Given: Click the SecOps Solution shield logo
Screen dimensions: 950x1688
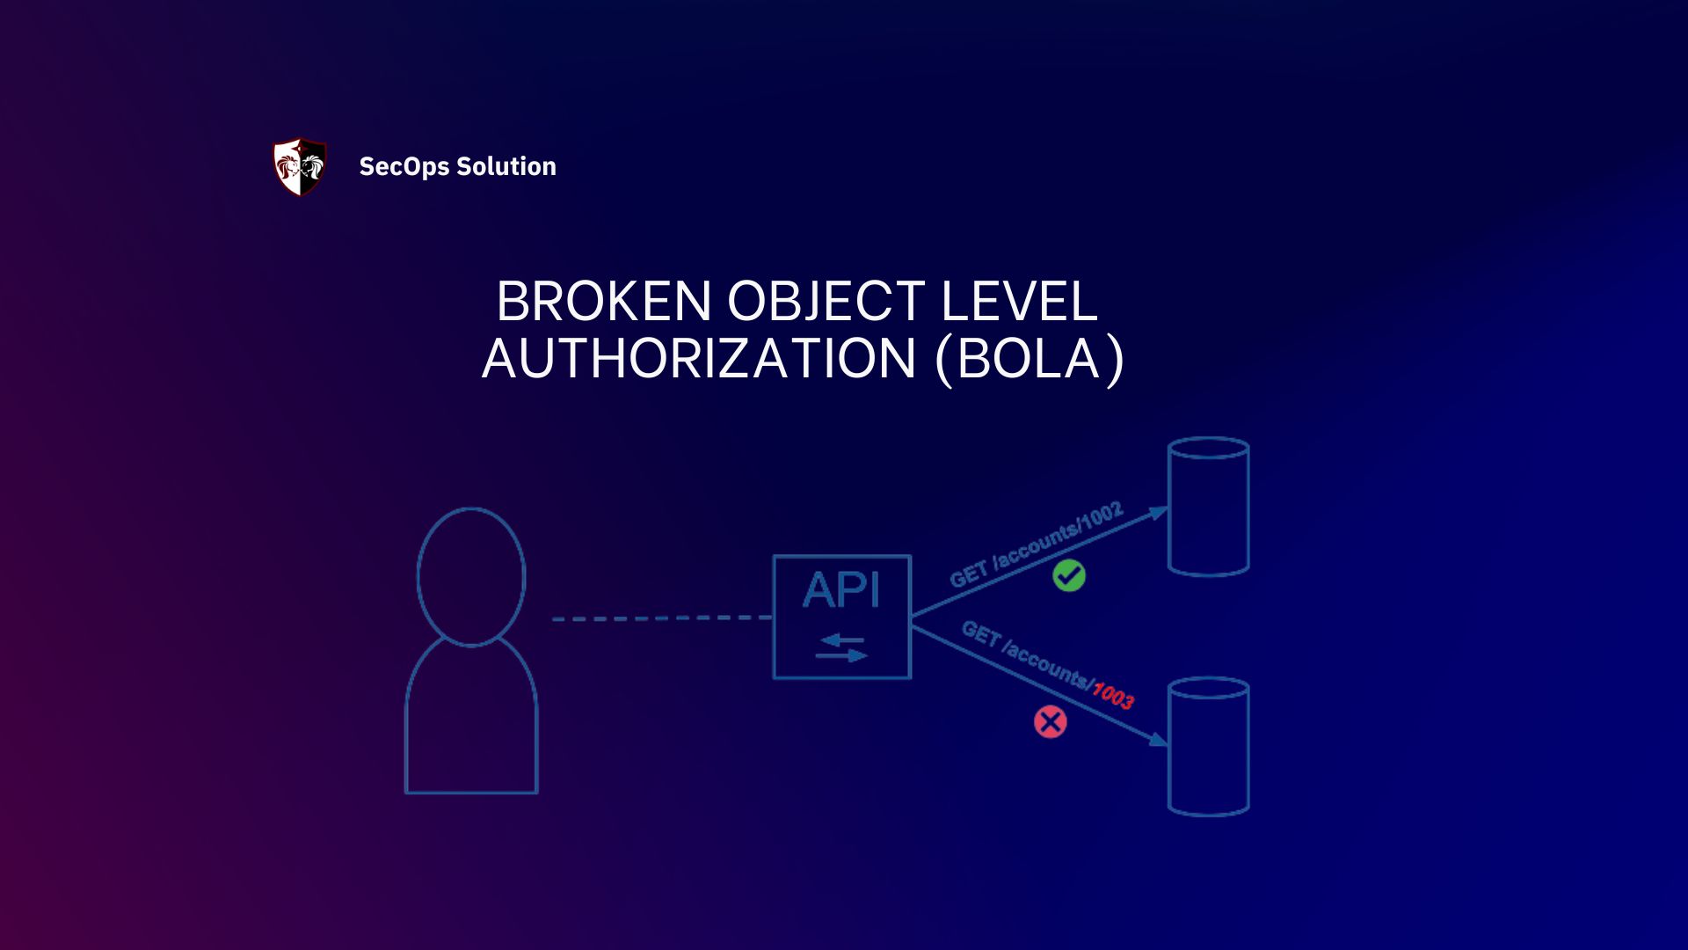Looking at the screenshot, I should [x=300, y=166].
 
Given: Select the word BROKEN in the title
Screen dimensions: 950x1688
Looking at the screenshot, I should [x=603, y=302].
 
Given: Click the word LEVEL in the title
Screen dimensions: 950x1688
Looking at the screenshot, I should [x=1019, y=302].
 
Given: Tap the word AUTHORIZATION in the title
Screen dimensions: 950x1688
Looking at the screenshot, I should [x=699, y=359].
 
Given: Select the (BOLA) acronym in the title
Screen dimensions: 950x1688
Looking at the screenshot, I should [x=1030, y=359].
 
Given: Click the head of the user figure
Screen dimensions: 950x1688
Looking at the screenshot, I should [x=471, y=576].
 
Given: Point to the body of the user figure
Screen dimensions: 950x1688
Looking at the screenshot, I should [x=471, y=721].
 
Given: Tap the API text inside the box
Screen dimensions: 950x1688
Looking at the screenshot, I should [x=841, y=590].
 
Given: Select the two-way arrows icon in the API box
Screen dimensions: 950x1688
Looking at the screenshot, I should [x=841, y=648].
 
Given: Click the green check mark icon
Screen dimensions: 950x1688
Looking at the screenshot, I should [x=1069, y=576].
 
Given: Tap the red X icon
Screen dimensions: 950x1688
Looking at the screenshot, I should [x=1050, y=722].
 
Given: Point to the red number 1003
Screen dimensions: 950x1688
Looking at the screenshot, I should [x=1113, y=695].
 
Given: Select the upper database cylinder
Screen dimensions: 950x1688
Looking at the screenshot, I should [x=1208, y=508].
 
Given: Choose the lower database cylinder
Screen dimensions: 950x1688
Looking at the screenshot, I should [x=1208, y=747].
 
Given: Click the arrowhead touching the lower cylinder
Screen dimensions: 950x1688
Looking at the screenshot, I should [x=1160, y=740].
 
